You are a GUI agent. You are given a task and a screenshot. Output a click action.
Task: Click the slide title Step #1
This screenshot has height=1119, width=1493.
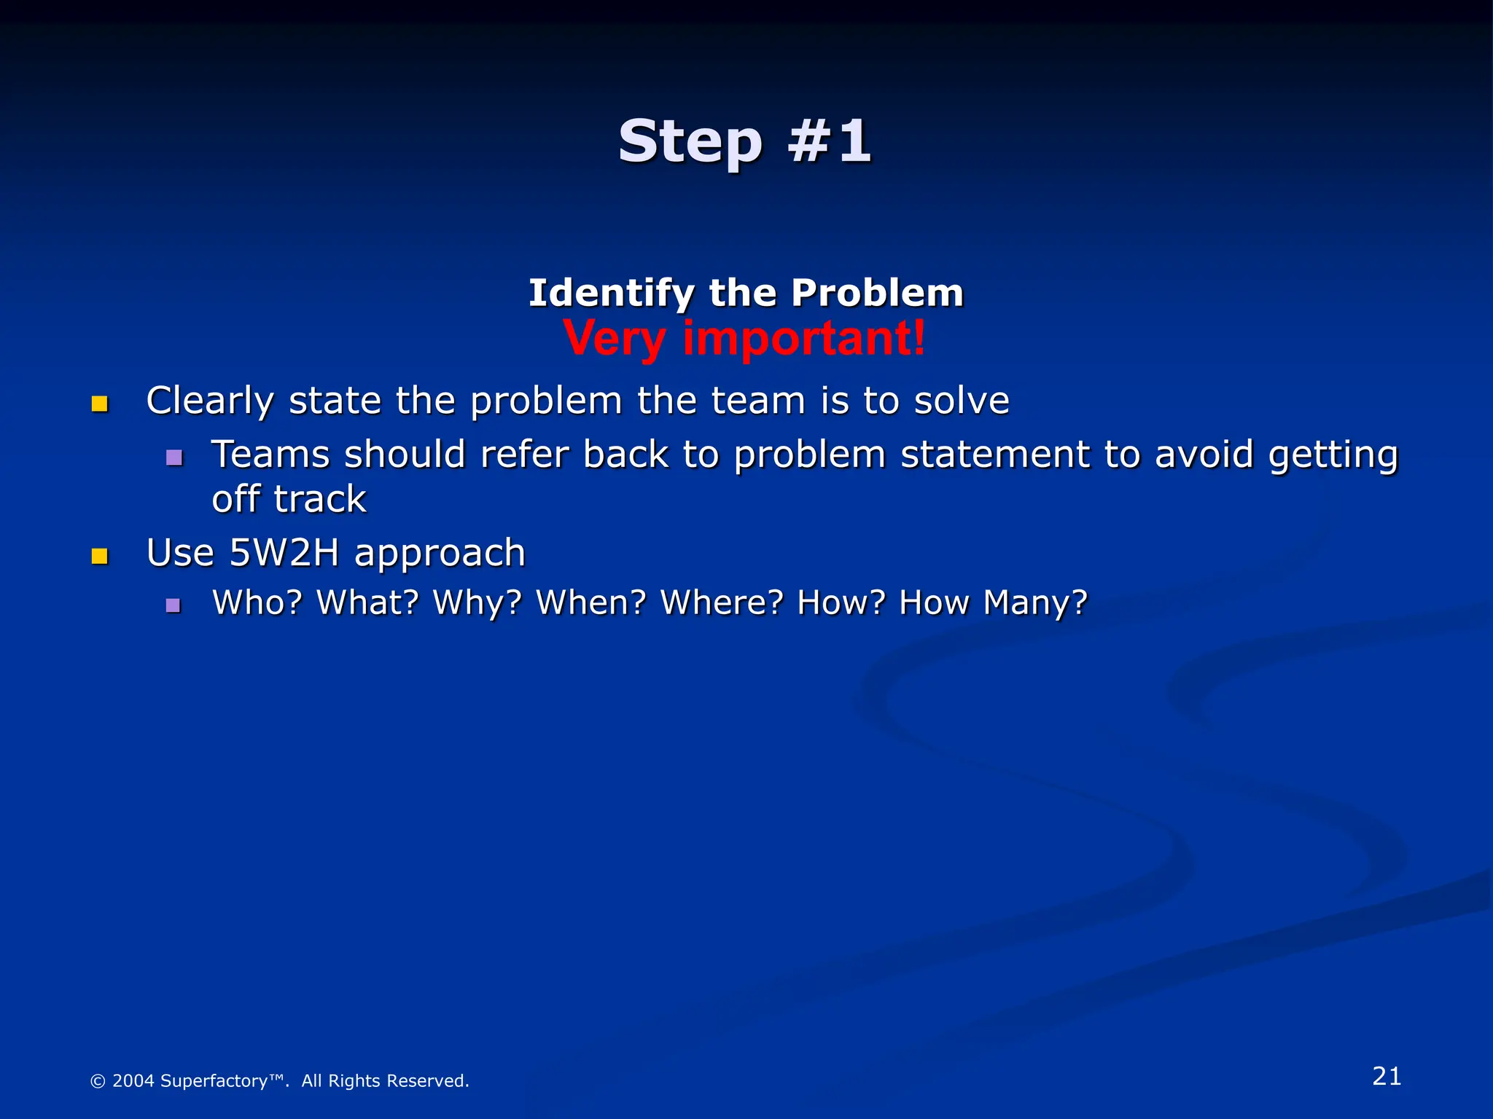click(x=744, y=141)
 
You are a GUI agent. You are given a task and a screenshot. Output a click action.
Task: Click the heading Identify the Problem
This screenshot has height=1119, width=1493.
click(x=746, y=293)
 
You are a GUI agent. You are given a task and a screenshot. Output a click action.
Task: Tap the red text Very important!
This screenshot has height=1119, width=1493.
click(x=744, y=338)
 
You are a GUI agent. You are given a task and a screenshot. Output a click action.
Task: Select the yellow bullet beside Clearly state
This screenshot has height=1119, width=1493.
click(x=100, y=404)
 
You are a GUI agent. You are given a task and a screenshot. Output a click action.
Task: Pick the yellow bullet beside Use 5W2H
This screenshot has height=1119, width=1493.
click(x=100, y=557)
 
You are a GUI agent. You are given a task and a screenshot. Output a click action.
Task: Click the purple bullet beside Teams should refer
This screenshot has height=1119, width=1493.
click(x=174, y=458)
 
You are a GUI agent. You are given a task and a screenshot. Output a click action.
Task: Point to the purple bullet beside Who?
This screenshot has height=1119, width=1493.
click(x=174, y=605)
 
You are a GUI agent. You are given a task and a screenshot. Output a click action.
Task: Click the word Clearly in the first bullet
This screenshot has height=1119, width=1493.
click(x=210, y=401)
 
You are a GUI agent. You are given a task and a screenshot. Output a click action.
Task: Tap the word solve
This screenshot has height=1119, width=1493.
click(x=962, y=401)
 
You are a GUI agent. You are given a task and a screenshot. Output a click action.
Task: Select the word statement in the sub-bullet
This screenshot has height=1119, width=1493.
click(x=994, y=455)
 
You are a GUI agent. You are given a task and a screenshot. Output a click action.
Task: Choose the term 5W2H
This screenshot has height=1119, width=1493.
click(x=284, y=552)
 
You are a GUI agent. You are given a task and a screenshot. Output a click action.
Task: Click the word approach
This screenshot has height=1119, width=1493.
click(x=440, y=554)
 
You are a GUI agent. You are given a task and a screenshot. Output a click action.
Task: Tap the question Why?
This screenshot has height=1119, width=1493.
click(x=477, y=602)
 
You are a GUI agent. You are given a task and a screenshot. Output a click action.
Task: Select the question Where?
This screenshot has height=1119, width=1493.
click(x=722, y=602)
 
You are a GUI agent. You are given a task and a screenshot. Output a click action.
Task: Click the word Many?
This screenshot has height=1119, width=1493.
click(x=1035, y=602)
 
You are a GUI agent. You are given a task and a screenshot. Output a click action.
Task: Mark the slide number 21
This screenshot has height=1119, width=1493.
click(x=1387, y=1076)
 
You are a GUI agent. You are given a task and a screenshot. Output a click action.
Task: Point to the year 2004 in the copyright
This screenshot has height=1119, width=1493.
click(x=133, y=1080)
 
